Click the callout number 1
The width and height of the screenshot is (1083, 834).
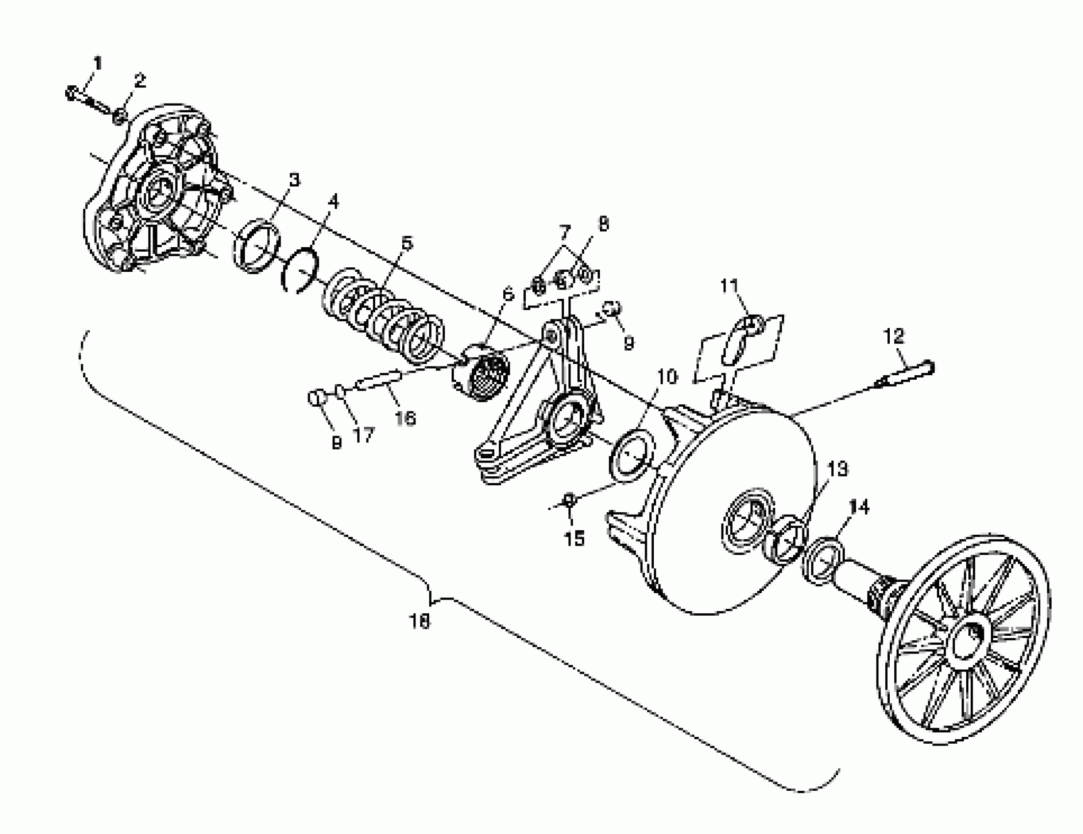(x=98, y=63)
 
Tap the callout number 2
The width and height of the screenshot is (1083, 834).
(x=140, y=80)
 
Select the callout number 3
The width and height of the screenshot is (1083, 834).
(x=295, y=180)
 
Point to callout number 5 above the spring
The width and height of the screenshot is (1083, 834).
(x=407, y=243)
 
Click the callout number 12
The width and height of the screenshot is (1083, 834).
(x=894, y=337)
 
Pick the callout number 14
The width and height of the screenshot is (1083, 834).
(x=859, y=507)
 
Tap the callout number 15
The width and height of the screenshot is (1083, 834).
(x=575, y=539)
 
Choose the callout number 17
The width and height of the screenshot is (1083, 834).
(x=363, y=435)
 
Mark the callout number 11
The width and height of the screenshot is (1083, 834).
(x=729, y=286)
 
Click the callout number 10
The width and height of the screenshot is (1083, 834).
(x=668, y=377)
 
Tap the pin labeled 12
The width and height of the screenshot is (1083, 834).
(x=907, y=374)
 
